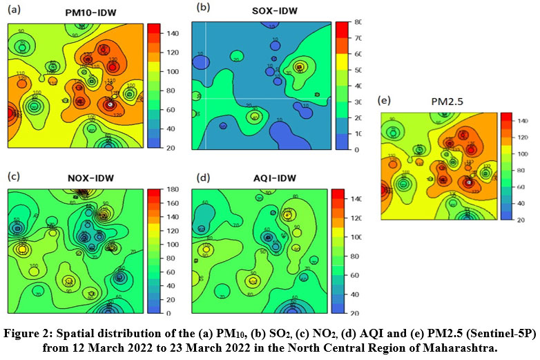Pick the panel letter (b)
[203, 8]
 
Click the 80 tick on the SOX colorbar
[358, 21]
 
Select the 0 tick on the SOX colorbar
[356, 149]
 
